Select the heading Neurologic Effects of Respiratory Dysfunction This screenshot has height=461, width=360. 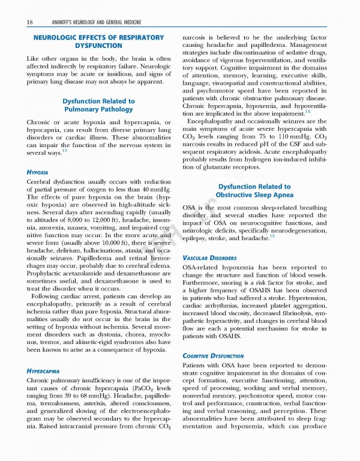point(98,41)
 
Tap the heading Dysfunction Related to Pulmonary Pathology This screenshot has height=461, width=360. point(99,106)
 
